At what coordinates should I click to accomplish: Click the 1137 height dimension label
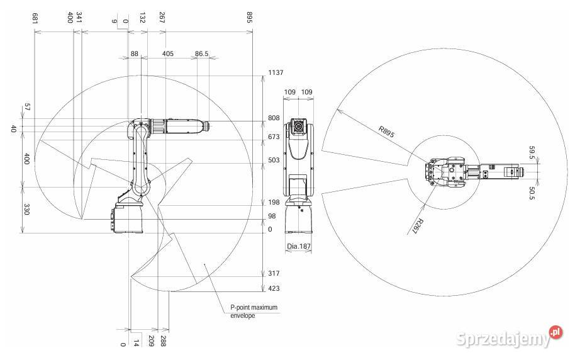point(276,72)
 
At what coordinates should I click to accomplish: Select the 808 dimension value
point(274,118)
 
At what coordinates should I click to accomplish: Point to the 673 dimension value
point(274,137)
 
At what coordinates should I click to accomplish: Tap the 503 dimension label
point(274,160)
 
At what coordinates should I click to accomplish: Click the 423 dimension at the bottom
point(274,288)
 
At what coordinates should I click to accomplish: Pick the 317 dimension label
point(274,273)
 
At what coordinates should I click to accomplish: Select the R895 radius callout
point(386,132)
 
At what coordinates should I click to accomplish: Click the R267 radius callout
point(418,227)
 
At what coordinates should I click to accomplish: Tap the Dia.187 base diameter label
point(298,246)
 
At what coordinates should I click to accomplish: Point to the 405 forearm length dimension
point(167,53)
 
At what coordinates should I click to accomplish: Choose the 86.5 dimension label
point(201,53)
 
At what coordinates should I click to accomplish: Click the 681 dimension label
point(35,18)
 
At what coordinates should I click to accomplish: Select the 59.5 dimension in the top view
point(532,153)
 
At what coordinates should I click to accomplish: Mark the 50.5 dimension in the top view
point(532,193)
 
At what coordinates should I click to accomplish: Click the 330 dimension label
point(26,210)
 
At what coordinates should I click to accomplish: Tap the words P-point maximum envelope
point(254,311)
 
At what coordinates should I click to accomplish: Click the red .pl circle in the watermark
point(556,332)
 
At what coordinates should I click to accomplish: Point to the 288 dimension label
point(163,341)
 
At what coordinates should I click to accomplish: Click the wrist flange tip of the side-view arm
point(209,126)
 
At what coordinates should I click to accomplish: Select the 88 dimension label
point(135,53)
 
